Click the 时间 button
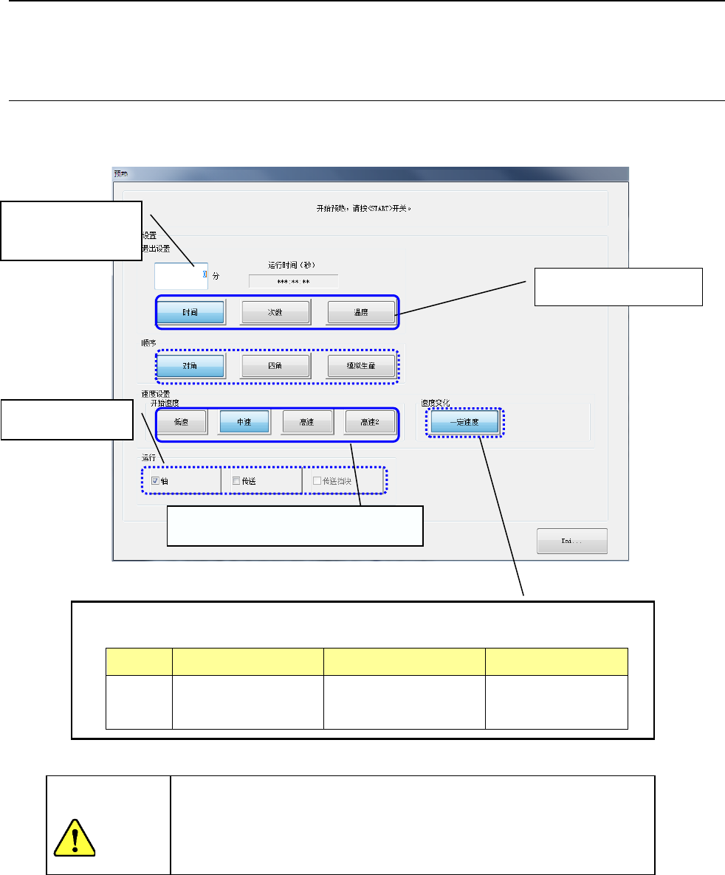point(190,312)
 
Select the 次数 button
point(275,312)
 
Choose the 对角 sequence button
point(190,366)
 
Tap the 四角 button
point(275,366)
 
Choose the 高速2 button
point(370,422)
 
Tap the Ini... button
point(571,541)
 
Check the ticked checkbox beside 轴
point(156,481)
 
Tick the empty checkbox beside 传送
point(236,481)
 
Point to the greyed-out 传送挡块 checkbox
point(317,481)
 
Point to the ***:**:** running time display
point(293,281)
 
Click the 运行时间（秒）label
point(293,263)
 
